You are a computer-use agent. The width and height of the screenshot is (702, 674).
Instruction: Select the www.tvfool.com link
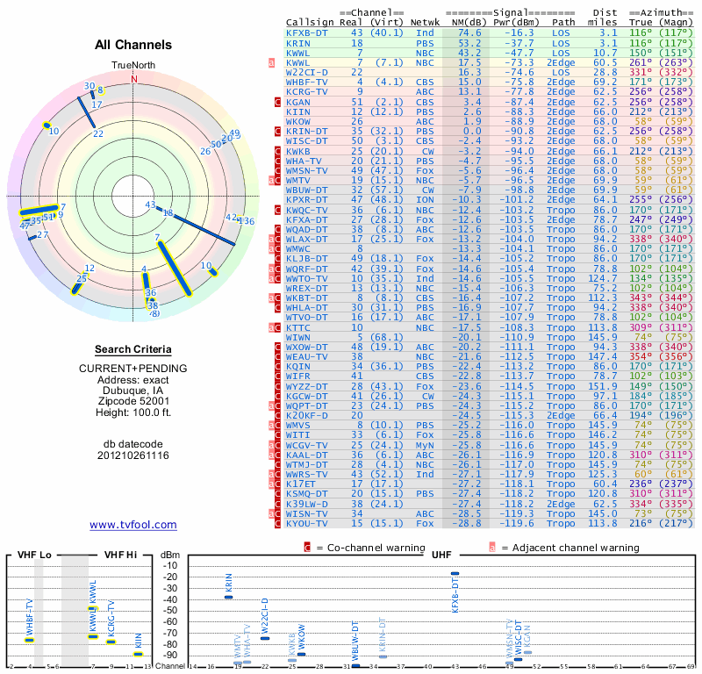tap(133, 525)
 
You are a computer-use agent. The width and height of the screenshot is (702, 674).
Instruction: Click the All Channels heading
tap(133, 46)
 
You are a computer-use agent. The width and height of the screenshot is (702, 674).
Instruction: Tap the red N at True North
tap(133, 78)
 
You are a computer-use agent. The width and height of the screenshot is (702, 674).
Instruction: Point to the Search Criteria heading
tap(133, 349)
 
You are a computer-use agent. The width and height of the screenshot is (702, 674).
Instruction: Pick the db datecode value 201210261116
tap(133, 455)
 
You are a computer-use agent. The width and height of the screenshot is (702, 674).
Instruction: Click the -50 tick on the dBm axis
tap(170, 610)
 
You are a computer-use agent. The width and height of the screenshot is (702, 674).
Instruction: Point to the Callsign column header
tap(310, 21)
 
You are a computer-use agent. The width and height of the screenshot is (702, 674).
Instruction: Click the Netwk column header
tap(425, 21)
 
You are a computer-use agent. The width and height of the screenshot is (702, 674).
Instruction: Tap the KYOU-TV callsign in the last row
tap(307, 523)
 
